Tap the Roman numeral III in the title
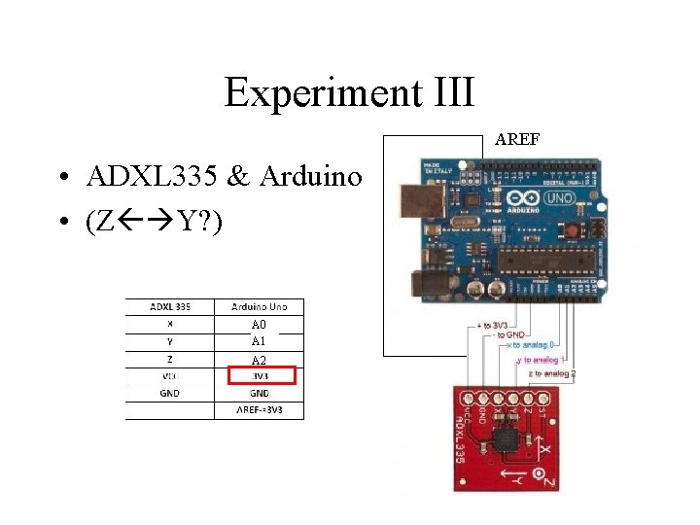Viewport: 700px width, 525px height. coord(449,92)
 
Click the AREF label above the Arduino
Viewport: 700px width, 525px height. coord(517,140)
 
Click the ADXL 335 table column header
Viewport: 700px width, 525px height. coord(170,306)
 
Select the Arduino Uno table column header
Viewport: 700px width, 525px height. coord(260,306)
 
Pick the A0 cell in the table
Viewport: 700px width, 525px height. coord(259,325)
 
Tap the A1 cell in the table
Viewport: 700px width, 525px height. coord(259,341)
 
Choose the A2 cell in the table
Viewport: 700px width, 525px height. coord(259,360)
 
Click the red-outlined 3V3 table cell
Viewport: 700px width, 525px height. coord(260,375)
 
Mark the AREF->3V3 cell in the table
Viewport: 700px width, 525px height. coord(260,410)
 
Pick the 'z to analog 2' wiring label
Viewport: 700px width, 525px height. coord(552,373)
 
